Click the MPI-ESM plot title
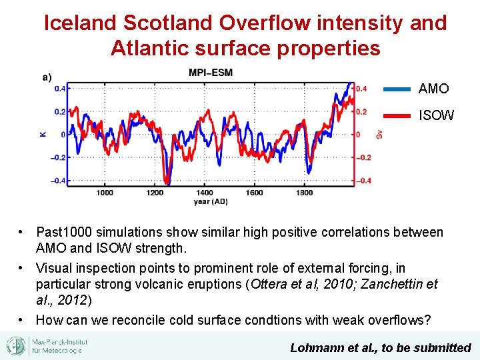click(x=210, y=72)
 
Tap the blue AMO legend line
click(x=397, y=89)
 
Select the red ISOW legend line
click(x=397, y=115)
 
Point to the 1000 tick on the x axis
click(x=105, y=193)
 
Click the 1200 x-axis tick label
click(x=155, y=193)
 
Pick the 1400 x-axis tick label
click(x=205, y=193)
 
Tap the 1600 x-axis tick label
click(x=254, y=193)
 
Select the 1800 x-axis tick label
click(x=304, y=193)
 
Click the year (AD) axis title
click(x=211, y=201)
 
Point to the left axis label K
click(x=44, y=134)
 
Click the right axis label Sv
click(x=379, y=134)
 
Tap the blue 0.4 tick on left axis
click(x=60, y=88)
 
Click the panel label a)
click(x=47, y=76)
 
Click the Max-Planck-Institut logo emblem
click(x=16, y=346)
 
